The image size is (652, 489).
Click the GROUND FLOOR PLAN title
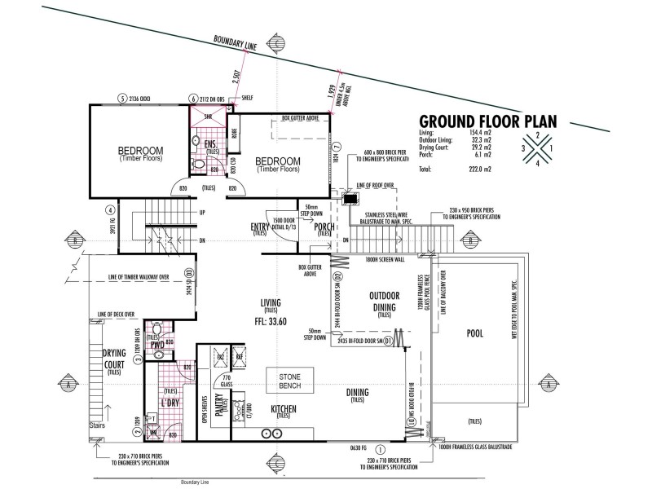tap(487, 121)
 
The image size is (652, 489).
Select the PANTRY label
tap(219, 405)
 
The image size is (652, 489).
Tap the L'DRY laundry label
tap(170, 403)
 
